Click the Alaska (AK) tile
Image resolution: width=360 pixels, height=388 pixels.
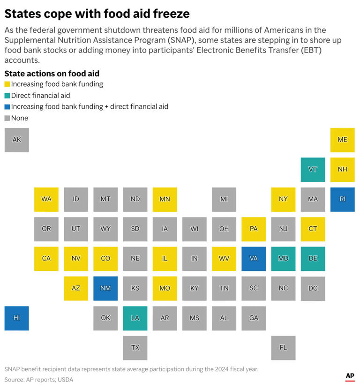coord(16,140)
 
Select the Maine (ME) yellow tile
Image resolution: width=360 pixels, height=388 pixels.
coord(342,140)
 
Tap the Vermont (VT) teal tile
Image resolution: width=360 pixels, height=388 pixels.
coord(313,170)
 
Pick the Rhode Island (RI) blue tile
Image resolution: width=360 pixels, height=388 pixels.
coord(342,199)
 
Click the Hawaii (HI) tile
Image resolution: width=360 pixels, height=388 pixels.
coord(16,318)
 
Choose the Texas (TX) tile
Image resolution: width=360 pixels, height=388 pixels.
coord(135,348)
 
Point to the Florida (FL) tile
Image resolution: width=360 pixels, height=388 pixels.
coord(283,348)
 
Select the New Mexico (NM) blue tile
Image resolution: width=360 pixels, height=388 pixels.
coord(105,288)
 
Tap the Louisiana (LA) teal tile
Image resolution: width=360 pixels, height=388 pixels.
coord(135,318)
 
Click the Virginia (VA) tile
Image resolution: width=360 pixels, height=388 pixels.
coord(254,259)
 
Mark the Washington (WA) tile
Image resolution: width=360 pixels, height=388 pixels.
coord(46,199)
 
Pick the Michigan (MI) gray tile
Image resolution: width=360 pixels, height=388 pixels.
coord(224,199)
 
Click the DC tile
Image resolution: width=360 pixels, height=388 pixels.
coord(313,288)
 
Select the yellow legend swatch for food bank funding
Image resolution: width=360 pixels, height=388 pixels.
coord(7,84)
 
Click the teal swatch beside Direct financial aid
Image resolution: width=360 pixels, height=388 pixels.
coord(7,96)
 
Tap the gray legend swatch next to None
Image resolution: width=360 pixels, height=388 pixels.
coord(7,118)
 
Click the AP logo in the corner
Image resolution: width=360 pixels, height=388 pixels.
coord(349,377)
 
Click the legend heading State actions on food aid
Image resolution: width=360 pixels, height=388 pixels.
coord(52,74)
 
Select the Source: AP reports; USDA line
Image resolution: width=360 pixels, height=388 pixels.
coord(39,380)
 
